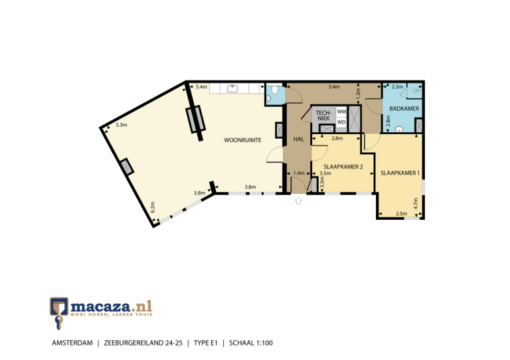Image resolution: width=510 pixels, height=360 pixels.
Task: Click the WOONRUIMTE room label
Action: pyautogui.click(x=242, y=140)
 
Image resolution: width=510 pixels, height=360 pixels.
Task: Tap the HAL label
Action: pyautogui.click(x=298, y=139)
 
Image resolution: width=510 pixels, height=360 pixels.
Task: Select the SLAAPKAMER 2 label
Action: pyautogui.click(x=343, y=167)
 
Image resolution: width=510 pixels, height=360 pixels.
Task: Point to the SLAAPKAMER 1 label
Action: pyautogui.click(x=400, y=173)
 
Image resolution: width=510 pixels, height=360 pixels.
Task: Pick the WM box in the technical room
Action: pyautogui.click(x=341, y=112)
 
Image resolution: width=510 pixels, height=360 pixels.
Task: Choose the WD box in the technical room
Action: pyautogui.click(x=341, y=122)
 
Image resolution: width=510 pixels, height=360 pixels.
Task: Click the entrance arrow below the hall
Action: pyautogui.click(x=298, y=200)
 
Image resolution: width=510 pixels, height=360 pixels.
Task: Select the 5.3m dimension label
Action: pyautogui.click(x=122, y=125)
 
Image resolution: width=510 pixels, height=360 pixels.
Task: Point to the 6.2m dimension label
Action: pyautogui.click(x=152, y=207)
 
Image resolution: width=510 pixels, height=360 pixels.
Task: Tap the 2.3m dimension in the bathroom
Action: pyautogui.click(x=397, y=87)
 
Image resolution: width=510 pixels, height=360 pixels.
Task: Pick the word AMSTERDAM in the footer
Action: pyautogui.click(x=72, y=343)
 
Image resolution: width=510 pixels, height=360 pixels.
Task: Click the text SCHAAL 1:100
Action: pyautogui.click(x=251, y=343)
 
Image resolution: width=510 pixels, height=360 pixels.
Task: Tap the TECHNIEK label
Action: pyautogui.click(x=323, y=116)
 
